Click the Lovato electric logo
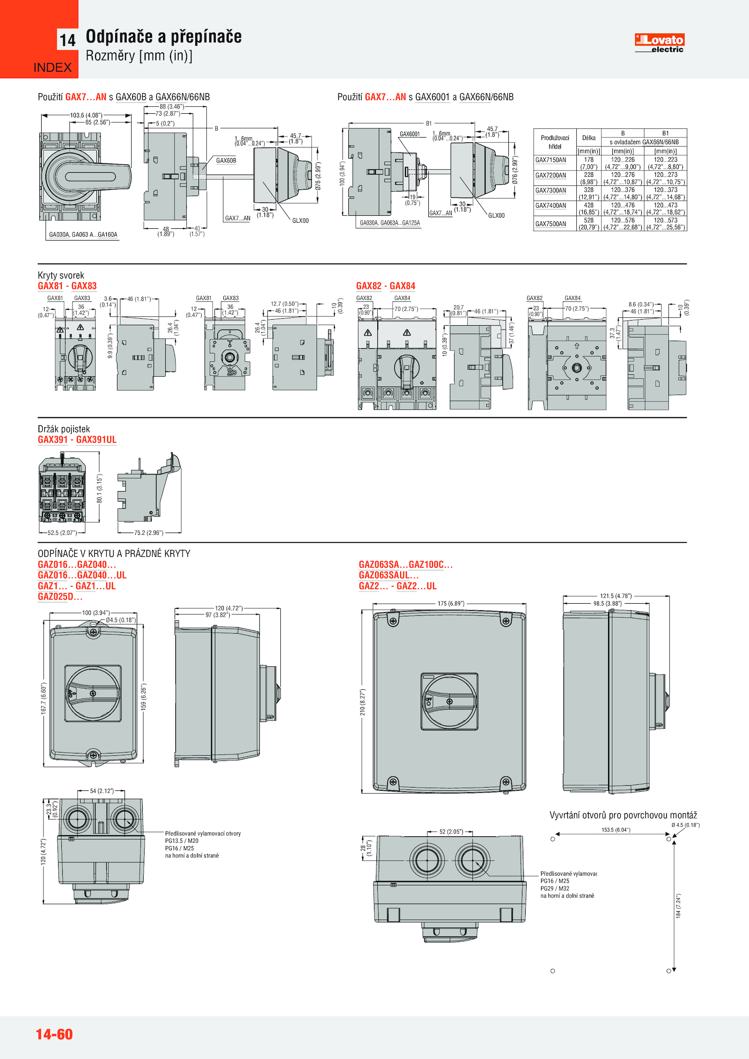coord(659,43)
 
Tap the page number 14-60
coord(54,1034)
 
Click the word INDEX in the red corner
coord(52,67)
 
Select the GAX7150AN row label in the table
coord(551,160)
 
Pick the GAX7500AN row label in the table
coord(551,224)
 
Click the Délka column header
coord(588,138)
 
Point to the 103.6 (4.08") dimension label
coord(87,115)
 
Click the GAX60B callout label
coord(226,161)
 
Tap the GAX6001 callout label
coord(410,134)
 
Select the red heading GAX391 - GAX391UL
coord(77,439)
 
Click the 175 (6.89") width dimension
coord(451,603)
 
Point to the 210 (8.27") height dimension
coord(362,702)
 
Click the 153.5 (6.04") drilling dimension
coord(616,830)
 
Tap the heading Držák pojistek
coord(64,429)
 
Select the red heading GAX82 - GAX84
coord(385,286)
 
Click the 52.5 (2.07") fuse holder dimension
coord(62,533)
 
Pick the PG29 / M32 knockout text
coord(555,888)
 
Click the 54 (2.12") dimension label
coord(102,791)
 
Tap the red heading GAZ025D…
coord(60,597)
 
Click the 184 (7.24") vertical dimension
coord(678,906)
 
